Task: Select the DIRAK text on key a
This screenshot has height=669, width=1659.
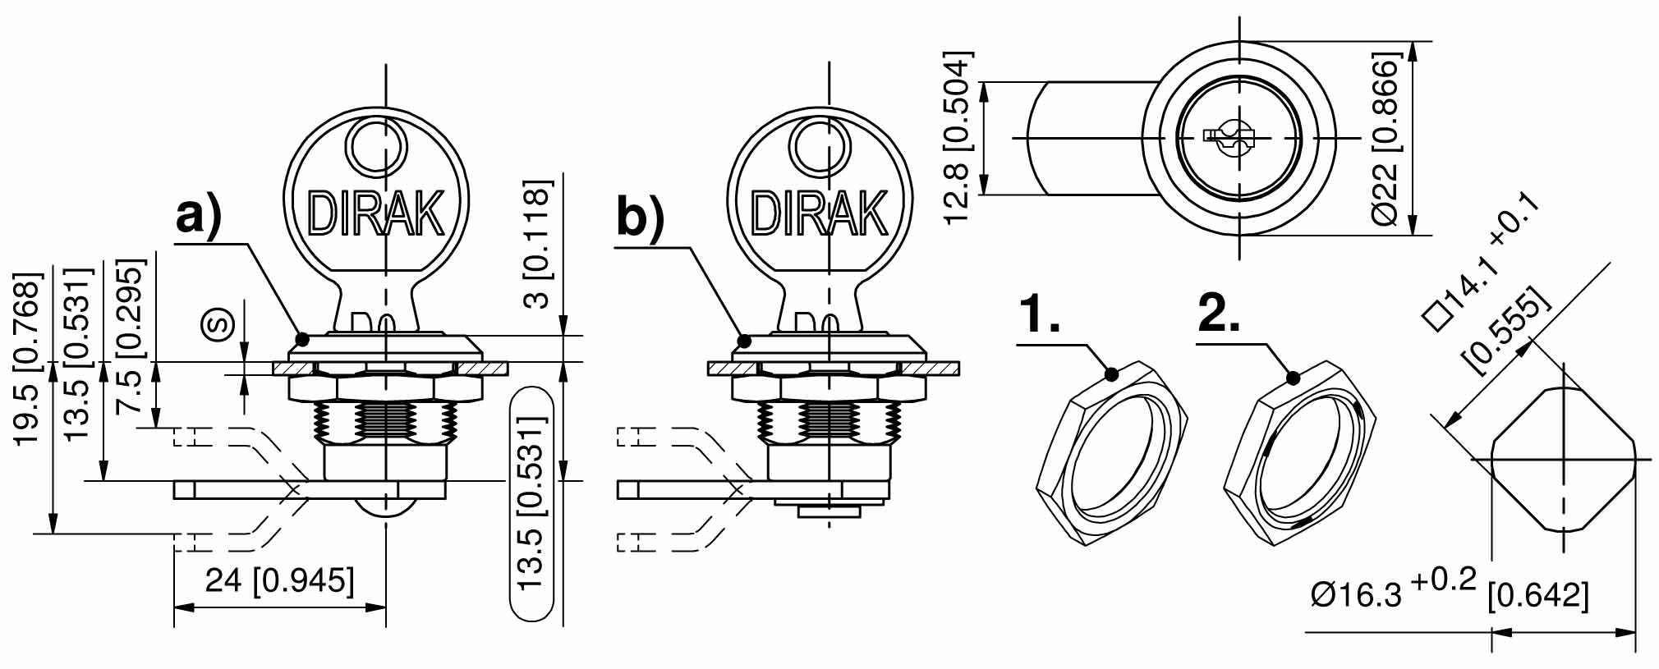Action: tap(376, 213)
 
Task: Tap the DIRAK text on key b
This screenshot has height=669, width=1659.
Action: tap(819, 213)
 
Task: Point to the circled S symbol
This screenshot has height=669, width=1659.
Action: tap(220, 325)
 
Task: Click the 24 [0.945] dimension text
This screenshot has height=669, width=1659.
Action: tap(279, 581)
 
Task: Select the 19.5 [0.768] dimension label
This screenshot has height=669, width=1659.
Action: tap(28, 358)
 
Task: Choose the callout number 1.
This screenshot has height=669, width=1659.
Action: tap(1039, 314)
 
